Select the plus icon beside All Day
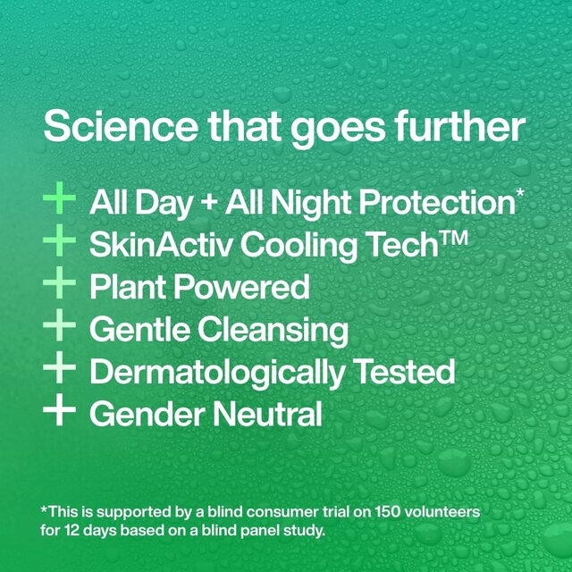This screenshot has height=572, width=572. [60, 198]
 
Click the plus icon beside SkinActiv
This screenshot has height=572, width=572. [60, 241]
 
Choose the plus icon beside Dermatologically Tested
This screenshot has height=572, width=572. [60, 370]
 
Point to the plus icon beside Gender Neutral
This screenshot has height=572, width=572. [60, 413]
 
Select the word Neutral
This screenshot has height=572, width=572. [267, 416]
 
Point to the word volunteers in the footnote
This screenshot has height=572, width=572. [433, 511]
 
